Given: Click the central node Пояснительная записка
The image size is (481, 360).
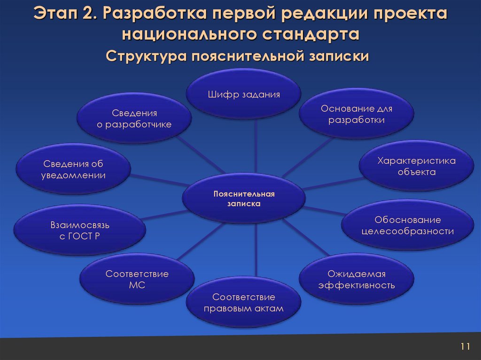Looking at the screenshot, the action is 244,199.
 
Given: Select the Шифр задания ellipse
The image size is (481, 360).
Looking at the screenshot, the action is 244,94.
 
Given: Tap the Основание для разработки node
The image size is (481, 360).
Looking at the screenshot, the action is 357,115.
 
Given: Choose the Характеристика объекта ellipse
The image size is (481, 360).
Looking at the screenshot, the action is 417,167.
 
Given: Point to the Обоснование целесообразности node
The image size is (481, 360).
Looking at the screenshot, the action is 407,226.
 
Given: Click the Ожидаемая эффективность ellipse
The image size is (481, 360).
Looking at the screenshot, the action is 357,280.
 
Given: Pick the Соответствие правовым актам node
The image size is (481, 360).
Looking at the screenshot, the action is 244,303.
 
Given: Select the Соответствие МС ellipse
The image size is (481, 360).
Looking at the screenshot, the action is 137,280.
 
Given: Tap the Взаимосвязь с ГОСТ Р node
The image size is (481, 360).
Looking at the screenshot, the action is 80,230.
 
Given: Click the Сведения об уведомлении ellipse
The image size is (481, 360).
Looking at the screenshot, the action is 74,169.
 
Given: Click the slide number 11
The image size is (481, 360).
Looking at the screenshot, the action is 465,347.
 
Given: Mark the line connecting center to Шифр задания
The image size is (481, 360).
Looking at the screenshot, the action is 256,146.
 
